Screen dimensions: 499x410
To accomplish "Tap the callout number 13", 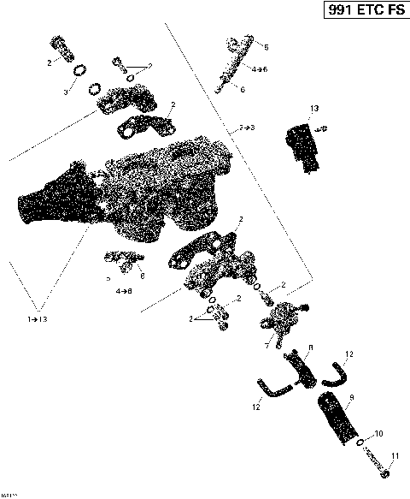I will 313,108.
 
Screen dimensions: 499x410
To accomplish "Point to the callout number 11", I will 394,455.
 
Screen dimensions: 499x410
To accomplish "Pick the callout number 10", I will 378,433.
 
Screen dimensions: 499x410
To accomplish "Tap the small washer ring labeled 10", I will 361,443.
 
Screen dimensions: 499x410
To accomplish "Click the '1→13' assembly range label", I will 38,318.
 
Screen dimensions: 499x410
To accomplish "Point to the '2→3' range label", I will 246,127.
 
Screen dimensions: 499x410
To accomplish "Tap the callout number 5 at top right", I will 266,47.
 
